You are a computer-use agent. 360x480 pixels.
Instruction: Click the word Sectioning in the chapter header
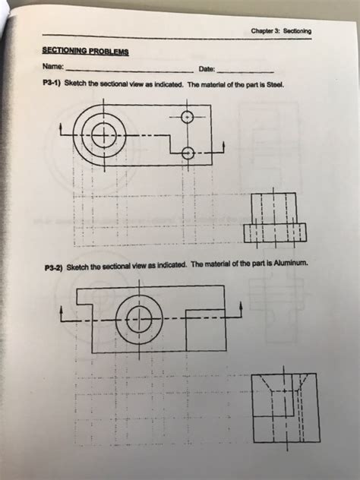coord(297,31)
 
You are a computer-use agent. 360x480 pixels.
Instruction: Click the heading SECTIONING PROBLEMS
coord(85,51)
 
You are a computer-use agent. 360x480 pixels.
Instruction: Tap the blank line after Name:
coord(130,72)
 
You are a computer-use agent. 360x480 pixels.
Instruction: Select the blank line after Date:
coord(245,72)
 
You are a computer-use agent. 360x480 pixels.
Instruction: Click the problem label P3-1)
coord(52,83)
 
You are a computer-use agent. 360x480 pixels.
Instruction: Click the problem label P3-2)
coord(54,267)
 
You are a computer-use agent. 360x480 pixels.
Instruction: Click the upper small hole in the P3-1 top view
coord(188,117)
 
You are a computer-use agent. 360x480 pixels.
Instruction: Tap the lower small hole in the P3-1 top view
coord(188,153)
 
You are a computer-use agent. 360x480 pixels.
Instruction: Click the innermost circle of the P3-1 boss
coord(104,135)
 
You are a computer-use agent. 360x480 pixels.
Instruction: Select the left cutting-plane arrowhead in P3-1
coord(62,125)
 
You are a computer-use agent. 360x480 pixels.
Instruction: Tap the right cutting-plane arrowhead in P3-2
coord(241,305)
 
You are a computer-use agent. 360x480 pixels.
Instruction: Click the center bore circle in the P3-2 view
coord(139,320)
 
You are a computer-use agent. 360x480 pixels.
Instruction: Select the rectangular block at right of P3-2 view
coord(206,330)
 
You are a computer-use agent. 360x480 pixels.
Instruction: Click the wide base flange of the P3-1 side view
coord(275,233)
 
